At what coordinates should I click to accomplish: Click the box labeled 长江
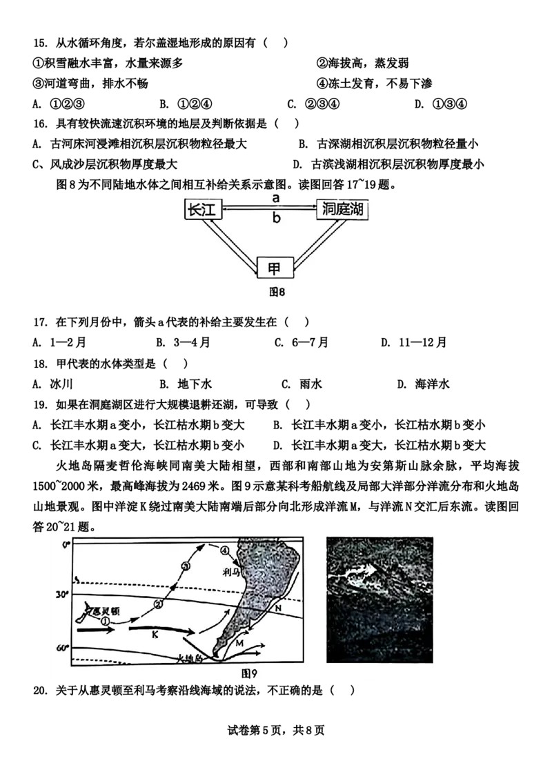203,210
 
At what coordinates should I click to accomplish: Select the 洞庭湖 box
341,210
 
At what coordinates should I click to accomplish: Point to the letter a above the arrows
275,198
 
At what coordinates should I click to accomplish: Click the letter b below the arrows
275,220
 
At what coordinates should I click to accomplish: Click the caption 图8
277,292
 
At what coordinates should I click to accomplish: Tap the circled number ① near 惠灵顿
105,621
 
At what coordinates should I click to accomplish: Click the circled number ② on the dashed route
158,605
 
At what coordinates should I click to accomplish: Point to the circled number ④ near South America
224,550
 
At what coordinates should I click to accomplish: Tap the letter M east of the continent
240,643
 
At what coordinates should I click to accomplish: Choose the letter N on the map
278,609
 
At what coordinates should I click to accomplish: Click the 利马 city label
231,571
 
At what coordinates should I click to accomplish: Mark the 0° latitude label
66,545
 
